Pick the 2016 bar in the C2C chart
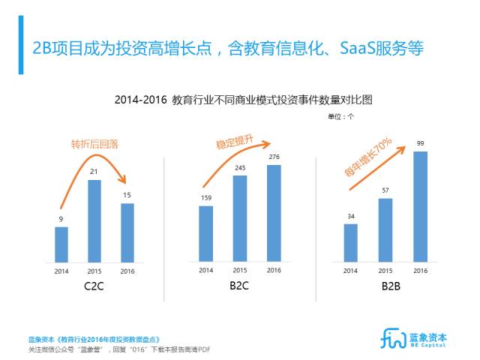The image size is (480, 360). (x=127, y=232)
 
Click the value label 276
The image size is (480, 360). (x=274, y=156)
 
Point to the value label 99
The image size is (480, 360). (x=421, y=143)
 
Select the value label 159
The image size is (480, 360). (x=205, y=198)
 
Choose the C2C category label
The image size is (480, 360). (x=94, y=286)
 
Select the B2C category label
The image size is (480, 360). (x=240, y=286)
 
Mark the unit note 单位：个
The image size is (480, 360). (x=340, y=116)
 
